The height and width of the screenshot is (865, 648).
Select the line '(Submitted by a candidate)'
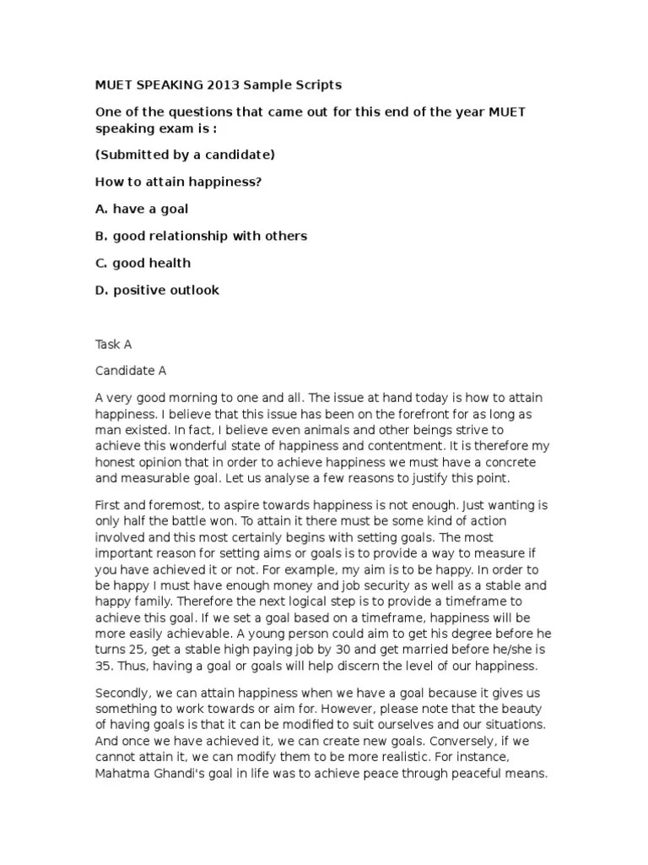click(185, 155)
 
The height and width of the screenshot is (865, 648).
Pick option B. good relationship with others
click(201, 236)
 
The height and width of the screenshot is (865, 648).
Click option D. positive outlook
click(157, 290)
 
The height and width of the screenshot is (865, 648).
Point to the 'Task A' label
click(114, 345)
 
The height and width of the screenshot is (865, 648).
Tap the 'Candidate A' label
click(131, 371)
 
